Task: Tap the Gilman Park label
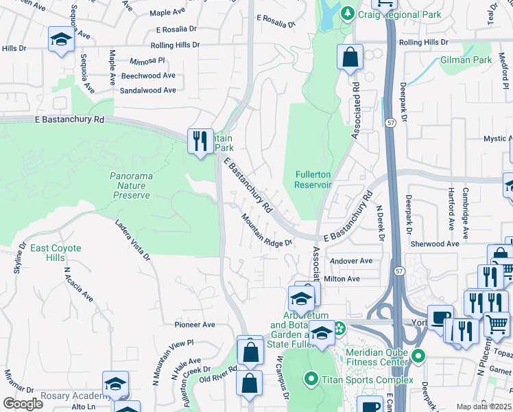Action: (x=466, y=60)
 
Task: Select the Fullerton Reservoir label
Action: (x=313, y=179)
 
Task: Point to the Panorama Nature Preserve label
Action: (x=130, y=185)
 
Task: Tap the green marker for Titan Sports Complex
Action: (x=311, y=379)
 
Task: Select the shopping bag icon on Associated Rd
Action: (x=350, y=58)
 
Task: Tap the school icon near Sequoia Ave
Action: (x=61, y=39)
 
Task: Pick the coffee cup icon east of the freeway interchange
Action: (x=440, y=318)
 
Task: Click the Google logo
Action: (x=23, y=403)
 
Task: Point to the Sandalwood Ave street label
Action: (x=147, y=90)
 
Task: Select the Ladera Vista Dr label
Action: (x=133, y=240)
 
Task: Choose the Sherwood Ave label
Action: (x=434, y=244)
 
